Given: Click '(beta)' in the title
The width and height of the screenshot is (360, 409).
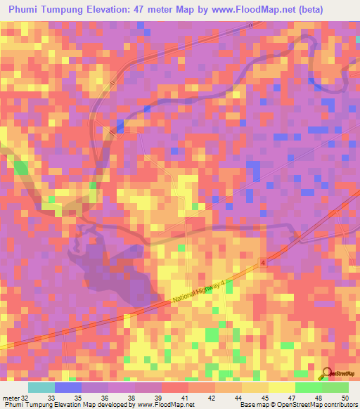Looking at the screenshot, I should click(330, 8).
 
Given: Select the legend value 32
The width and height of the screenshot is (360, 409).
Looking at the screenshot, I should click(27, 398).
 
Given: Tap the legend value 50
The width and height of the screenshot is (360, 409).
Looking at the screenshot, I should click(344, 398).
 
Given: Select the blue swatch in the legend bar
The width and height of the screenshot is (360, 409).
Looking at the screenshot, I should click(67, 387).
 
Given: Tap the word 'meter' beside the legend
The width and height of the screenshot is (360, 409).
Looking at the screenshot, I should click(11, 398).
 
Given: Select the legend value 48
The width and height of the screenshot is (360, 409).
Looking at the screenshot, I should click(318, 398).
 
